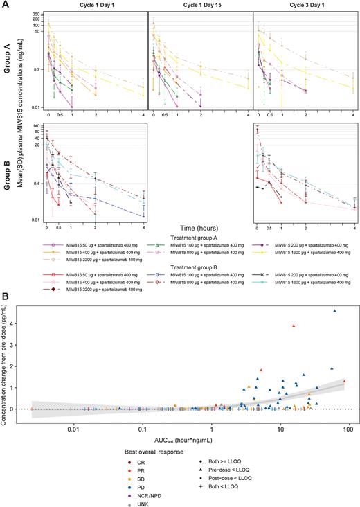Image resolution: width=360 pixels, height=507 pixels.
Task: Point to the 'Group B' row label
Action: (6, 170)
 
